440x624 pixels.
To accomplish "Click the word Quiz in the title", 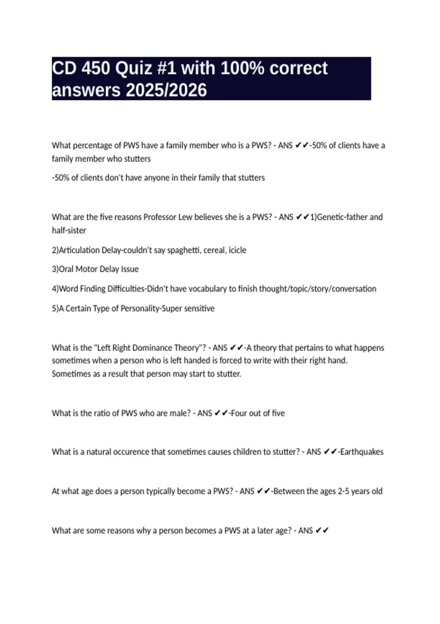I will [x=131, y=68].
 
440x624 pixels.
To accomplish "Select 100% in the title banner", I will [x=242, y=68].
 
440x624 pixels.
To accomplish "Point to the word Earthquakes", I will [x=362, y=452].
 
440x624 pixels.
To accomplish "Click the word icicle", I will [x=237, y=250].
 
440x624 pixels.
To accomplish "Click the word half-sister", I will [x=69, y=231].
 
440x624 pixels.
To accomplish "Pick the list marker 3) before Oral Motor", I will [x=55, y=269].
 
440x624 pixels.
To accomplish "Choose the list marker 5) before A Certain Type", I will [x=55, y=309].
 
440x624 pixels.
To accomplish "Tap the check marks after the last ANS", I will [x=322, y=531].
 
